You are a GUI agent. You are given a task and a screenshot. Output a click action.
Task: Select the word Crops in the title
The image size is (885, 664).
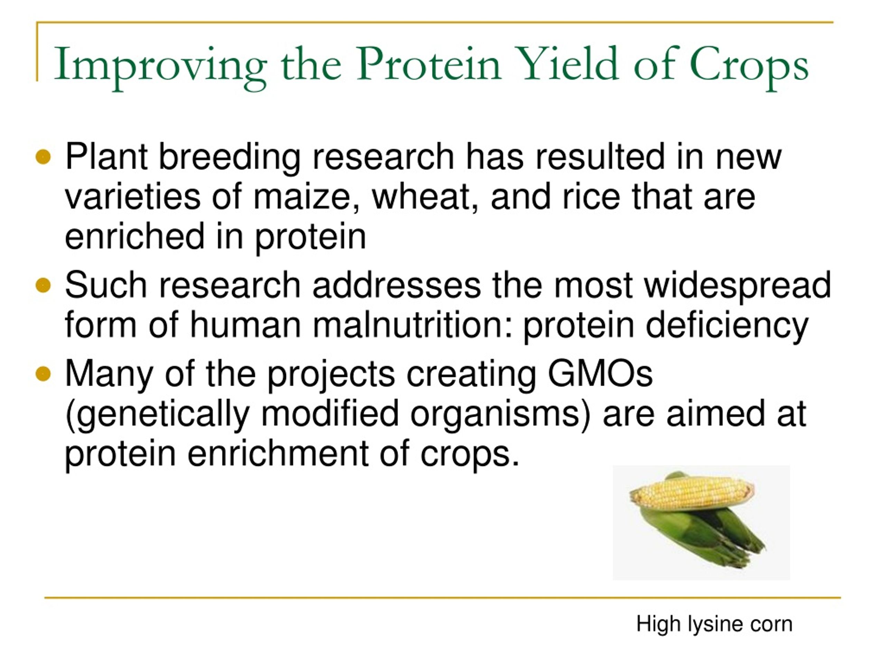tap(748, 66)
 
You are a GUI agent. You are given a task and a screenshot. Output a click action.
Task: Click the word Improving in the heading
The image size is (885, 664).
tap(160, 66)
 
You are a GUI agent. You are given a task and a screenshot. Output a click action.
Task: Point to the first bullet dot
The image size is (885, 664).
tap(43, 157)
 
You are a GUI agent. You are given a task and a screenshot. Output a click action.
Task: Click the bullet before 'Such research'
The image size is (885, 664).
tap(43, 286)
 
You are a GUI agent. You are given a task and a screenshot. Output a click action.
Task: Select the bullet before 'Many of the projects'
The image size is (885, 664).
tap(43, 374)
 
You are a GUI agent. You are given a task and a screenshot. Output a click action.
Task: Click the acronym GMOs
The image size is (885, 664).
tap(600, 374)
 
